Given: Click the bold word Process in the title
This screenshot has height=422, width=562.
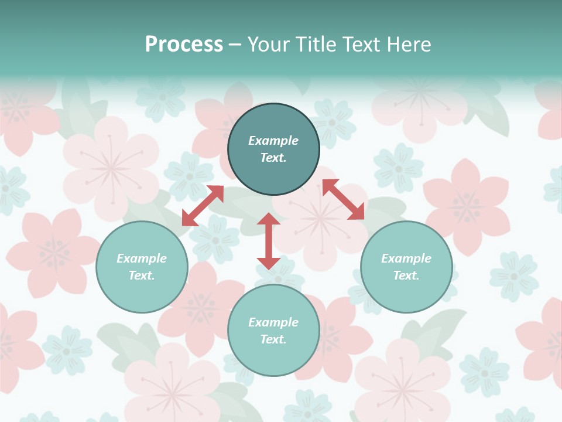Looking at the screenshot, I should click(184, 45).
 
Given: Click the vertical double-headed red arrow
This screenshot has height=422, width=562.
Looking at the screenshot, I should click(269, 241).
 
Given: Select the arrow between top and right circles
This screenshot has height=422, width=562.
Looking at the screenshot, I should click(343, 199).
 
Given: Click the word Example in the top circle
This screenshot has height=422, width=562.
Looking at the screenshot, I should click(273, 141).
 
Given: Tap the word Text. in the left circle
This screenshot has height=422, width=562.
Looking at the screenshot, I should click(142, 275).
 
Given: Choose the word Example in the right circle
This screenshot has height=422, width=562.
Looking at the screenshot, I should click(406, 258).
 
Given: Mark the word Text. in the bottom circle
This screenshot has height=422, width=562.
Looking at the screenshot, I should click(273, 339).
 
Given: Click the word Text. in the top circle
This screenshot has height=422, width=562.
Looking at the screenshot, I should click(273, 158).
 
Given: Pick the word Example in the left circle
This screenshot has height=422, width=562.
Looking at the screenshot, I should click(142, 258).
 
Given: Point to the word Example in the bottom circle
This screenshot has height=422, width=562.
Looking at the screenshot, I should click(273, 322).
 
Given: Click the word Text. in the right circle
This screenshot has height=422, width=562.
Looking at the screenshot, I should click(406, 275).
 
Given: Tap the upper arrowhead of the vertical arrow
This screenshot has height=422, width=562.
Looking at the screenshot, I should click(269, 219).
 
